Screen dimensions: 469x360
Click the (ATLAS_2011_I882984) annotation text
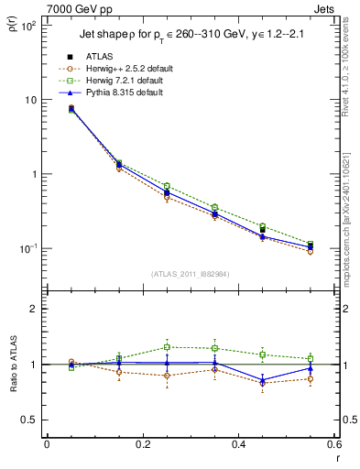click(190, 273)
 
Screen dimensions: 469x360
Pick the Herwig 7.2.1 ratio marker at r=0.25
click(167, 347)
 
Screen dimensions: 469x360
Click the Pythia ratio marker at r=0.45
click(263, 380)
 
